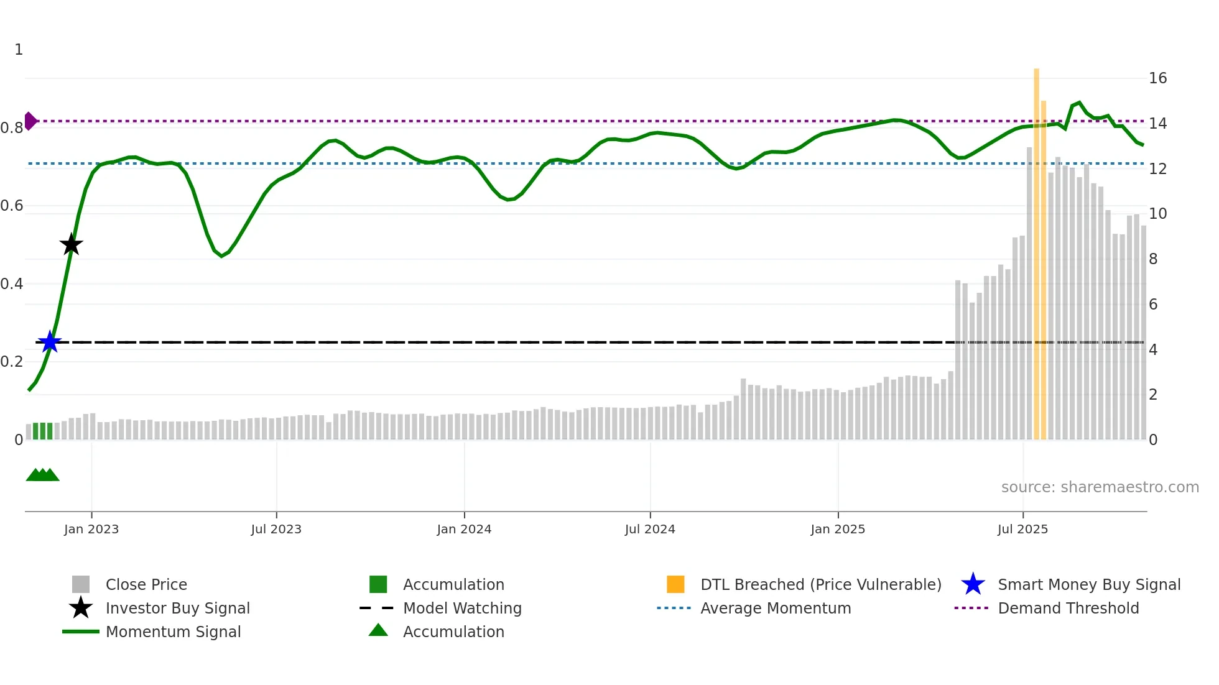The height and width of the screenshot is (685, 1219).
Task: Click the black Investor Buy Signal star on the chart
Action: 72,244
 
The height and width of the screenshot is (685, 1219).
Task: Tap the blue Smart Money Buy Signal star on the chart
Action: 50,342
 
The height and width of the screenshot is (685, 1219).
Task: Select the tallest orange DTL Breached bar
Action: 1036,249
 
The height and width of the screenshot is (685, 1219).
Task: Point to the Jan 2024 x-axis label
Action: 464,529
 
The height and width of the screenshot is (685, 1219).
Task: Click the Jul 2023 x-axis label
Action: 276,529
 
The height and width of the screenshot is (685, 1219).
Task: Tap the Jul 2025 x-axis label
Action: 1022,529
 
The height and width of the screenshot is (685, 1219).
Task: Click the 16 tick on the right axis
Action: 1157,78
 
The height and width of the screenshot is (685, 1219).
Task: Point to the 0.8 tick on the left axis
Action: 12,128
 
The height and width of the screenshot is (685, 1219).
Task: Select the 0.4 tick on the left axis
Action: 12,284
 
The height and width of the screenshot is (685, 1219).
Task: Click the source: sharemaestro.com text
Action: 1100,487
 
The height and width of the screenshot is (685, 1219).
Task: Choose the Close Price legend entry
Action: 146,584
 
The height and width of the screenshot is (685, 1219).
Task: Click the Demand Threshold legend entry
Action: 1068,608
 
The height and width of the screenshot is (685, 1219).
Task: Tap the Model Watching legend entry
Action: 461,608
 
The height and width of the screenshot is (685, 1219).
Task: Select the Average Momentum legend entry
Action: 775,608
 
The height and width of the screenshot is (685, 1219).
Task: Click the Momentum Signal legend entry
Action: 173,632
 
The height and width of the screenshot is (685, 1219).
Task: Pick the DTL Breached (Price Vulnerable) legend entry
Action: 820,584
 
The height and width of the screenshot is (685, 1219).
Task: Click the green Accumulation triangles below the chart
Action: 42,475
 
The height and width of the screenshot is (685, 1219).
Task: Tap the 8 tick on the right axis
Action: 1153,259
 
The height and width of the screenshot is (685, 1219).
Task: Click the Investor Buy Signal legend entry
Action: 177,608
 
